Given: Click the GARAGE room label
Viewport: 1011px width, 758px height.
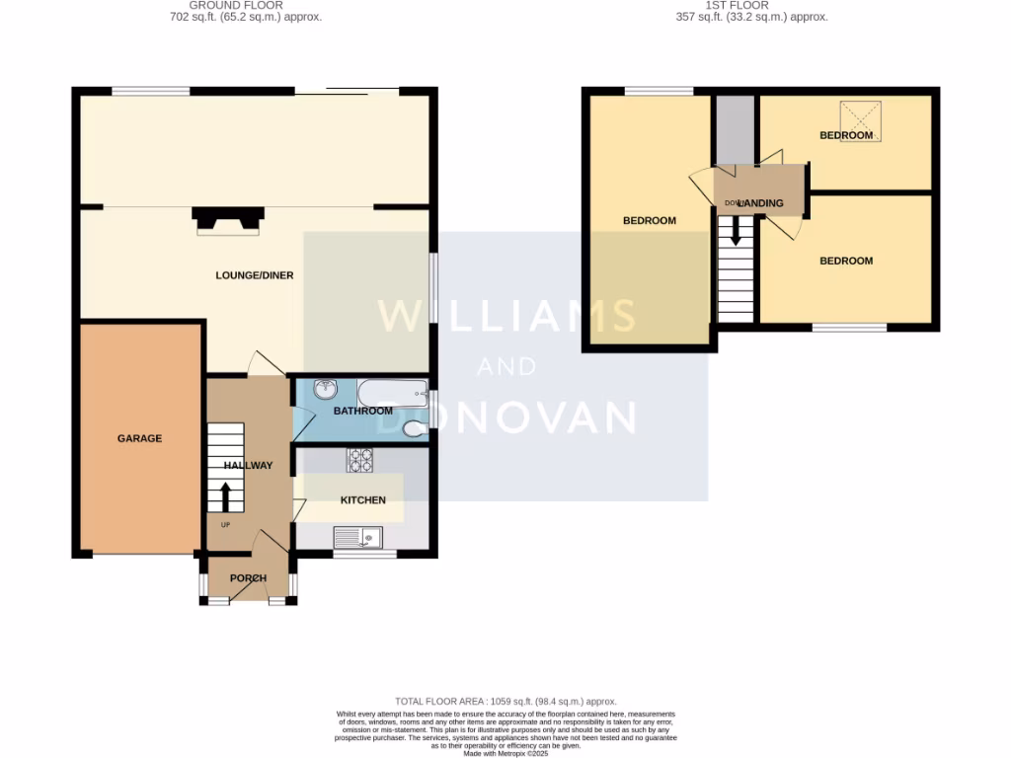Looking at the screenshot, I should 139,438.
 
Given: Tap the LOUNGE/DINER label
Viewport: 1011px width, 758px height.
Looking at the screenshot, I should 255,275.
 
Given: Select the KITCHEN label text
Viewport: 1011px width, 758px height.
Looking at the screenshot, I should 362,500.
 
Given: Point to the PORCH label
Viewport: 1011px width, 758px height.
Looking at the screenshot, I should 248,578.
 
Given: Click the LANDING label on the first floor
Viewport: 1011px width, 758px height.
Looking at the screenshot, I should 759,203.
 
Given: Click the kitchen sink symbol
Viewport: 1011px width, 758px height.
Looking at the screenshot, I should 358,538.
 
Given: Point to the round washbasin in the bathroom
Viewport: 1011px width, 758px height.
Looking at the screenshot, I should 325,391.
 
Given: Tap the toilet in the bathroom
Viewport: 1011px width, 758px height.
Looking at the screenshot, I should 416,428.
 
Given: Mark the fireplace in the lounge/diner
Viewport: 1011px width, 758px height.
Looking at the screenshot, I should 228,219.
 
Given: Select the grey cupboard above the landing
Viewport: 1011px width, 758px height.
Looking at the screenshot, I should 734,129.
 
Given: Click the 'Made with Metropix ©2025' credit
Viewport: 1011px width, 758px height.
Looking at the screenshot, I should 505,753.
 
